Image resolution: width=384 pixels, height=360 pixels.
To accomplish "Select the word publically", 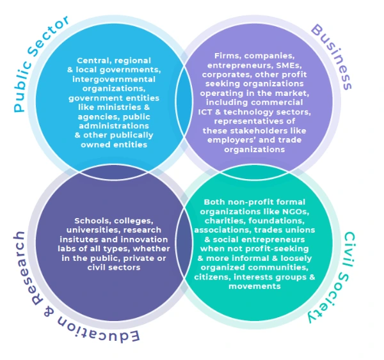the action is tap(131, 135).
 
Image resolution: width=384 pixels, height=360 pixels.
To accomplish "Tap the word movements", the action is tap(257, 286).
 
